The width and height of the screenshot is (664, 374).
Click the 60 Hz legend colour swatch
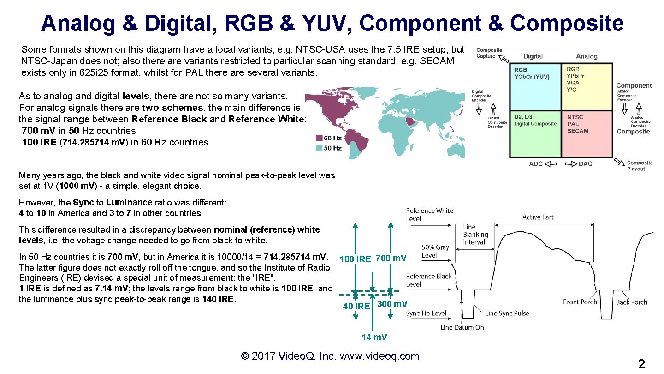point(319,138)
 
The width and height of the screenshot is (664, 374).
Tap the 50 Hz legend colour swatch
point(319,148)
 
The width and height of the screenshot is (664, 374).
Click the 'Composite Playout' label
point(640,166)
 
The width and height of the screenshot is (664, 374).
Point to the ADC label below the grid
point(536,164)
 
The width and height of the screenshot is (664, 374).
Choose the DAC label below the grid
point(585,164)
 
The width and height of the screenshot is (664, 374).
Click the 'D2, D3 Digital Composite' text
point(535,121)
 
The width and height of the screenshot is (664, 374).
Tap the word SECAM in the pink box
point(578,131)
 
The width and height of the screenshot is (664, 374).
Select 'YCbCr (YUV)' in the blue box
point(532,77)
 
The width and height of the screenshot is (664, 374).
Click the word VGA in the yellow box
point(573,83)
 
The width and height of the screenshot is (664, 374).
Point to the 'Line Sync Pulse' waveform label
point(507,313)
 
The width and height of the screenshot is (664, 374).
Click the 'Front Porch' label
point(580,302)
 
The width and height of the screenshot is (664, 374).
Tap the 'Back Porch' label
point(631,302)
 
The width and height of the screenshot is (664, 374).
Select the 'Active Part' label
point(538,217)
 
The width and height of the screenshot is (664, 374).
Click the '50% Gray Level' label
point(435,251)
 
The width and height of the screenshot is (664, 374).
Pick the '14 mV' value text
point(374,337)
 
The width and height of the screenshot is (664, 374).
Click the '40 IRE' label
point(356,306)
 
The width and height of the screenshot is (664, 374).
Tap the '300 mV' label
point(392,304)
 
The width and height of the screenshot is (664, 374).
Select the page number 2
point(641,364)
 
